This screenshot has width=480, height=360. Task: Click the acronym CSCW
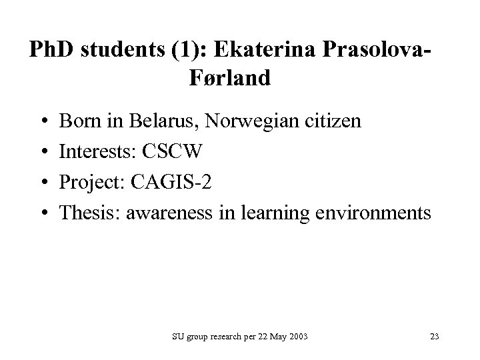tap(175, 152)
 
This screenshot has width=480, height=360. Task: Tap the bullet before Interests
tap(42, 153)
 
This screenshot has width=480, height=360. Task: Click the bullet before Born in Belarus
tap(42, 122)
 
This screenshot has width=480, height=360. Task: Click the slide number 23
tap(434, 337)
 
